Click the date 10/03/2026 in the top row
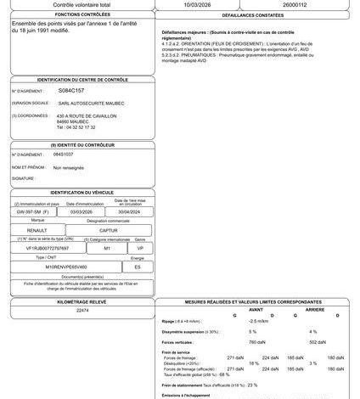189,4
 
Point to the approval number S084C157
71,89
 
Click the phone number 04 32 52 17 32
76,127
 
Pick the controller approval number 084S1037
64,155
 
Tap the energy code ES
138,267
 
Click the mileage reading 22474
82,311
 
